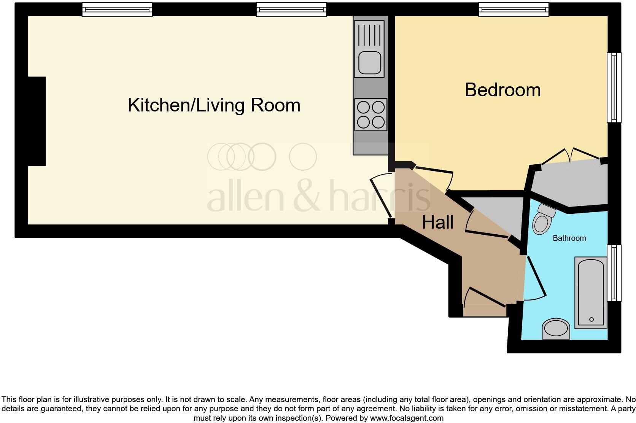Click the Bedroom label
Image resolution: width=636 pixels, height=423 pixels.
click(502, 90)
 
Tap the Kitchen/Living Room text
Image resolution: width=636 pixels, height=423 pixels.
click(214, 105)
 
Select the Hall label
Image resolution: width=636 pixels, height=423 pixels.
click(437, 222)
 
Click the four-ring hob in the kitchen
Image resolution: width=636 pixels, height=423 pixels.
click(370, 114)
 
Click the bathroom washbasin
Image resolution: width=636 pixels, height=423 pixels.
click(556, 329)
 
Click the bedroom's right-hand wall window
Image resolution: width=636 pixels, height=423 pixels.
click(613, 87)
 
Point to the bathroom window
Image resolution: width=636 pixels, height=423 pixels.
click(613, 273)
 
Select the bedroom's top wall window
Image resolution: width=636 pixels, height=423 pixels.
click(514, 10)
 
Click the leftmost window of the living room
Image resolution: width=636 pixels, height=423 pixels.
click(117, 10)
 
